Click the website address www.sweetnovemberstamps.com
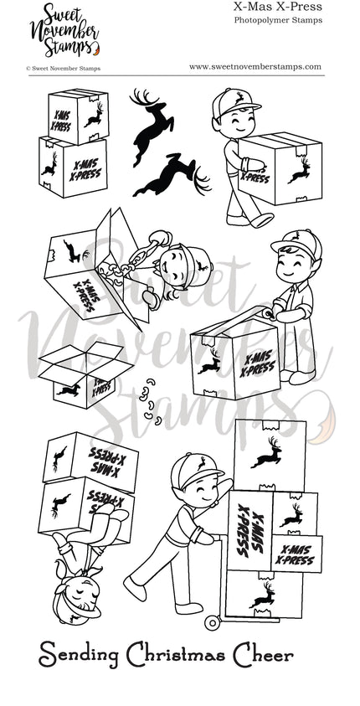click(x=255, y=68)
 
